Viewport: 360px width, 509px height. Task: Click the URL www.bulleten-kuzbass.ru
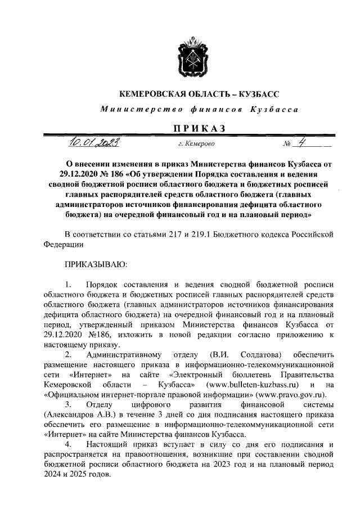[x=252, y=384]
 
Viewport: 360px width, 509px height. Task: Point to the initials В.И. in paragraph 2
[x=218, y=354]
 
